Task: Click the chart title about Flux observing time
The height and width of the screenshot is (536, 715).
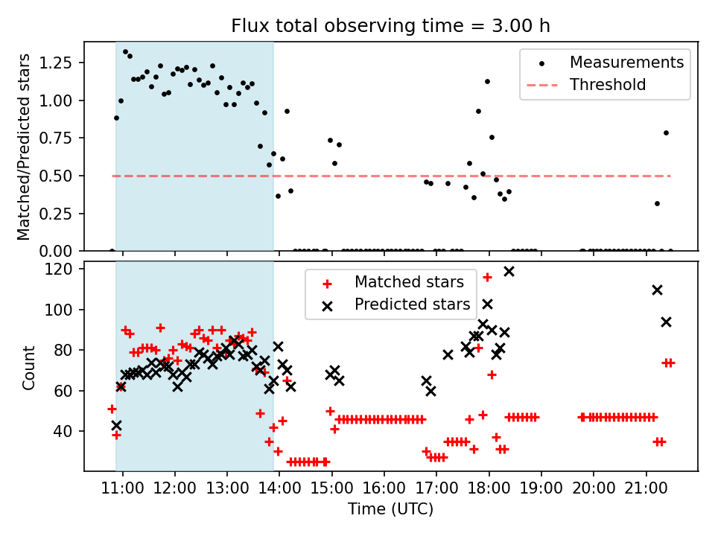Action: [390, 27]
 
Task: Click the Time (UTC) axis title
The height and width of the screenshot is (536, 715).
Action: [390, 510]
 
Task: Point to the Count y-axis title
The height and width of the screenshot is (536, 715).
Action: [29, 367]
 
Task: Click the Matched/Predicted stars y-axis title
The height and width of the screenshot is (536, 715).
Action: [24, 147]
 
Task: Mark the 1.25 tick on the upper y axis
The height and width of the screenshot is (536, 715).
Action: [62, 63]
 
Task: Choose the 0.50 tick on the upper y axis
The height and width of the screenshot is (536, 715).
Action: [62, 176]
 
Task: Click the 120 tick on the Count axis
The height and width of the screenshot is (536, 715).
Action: [66, 269]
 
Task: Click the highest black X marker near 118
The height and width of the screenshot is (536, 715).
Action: [509, 271]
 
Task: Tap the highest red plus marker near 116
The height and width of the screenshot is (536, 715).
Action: [487, 277]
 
